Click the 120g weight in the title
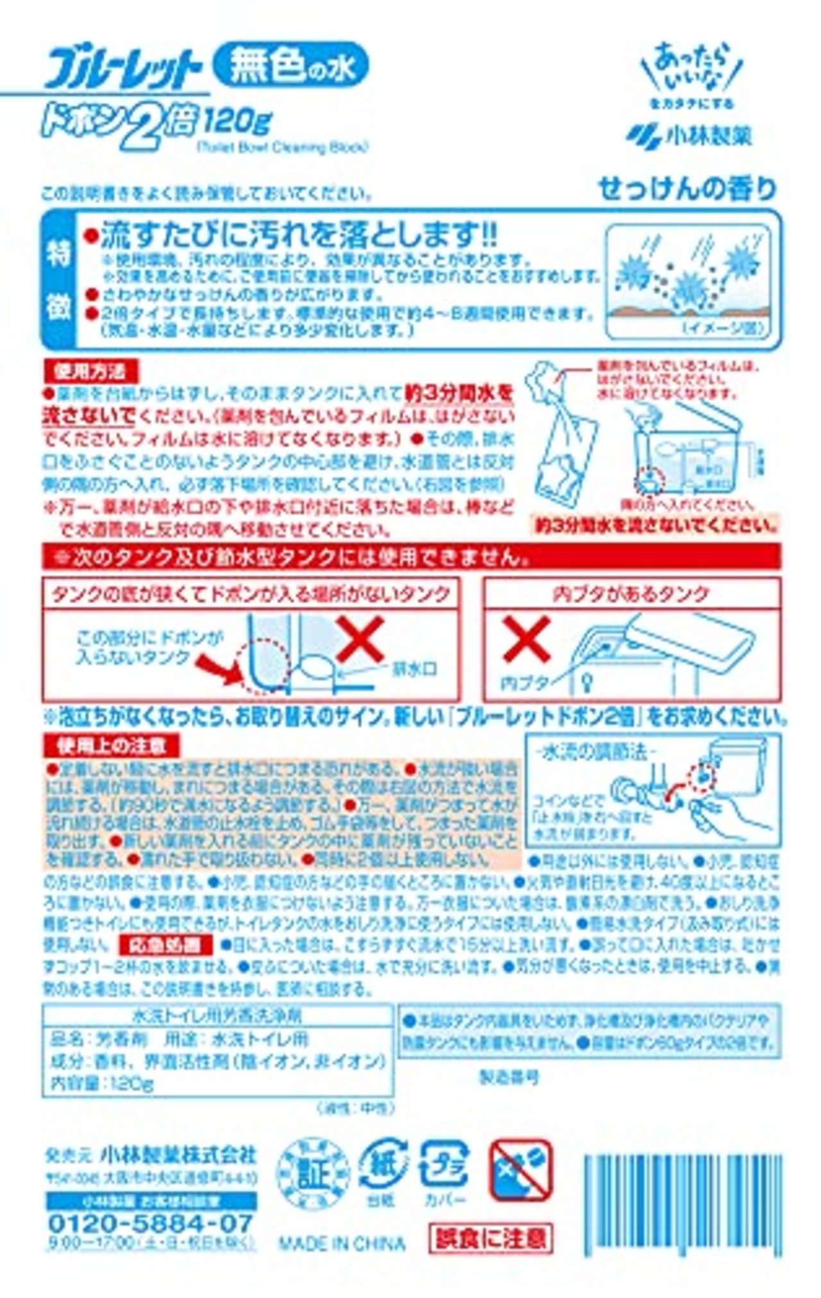(238, 119)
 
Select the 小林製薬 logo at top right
(690, 135)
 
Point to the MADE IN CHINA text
(341, 1243)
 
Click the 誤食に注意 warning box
(491, 1237)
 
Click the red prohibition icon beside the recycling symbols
(520, 1170)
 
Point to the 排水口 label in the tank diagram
(414, 669)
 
